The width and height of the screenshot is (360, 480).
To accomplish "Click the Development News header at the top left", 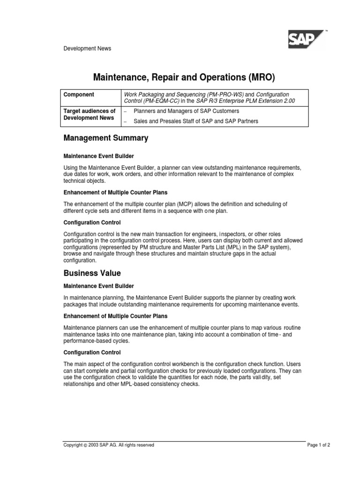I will (x=87, y=48).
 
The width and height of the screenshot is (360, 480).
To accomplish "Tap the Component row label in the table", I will (x=79, y=94).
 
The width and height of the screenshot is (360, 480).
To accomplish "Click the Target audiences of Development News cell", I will (x=90, y=114).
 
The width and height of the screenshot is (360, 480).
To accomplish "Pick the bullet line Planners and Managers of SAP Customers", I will (x=186, y=111).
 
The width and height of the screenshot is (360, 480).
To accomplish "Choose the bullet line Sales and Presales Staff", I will (x=195, y=121).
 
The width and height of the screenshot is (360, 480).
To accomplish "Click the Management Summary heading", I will (x=106, y=138).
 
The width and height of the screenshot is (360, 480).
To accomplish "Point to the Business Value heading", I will (x=92, y=273).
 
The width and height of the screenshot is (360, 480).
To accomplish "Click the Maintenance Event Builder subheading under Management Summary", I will (x=98, y=156).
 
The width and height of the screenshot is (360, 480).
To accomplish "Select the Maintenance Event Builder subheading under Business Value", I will (x=98, y=285).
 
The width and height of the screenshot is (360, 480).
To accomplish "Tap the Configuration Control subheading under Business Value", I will (x=92, y=352).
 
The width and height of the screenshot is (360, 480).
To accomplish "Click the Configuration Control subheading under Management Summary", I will (x=92, y=222).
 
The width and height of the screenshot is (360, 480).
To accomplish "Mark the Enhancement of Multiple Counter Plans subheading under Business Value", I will (x=115, y=316).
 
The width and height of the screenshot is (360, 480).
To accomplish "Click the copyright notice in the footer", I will (x=109, y=445).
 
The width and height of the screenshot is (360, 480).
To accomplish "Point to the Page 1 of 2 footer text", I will (x=319, y=445).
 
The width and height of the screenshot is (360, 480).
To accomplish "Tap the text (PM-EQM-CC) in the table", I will (x=163, y=101).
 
